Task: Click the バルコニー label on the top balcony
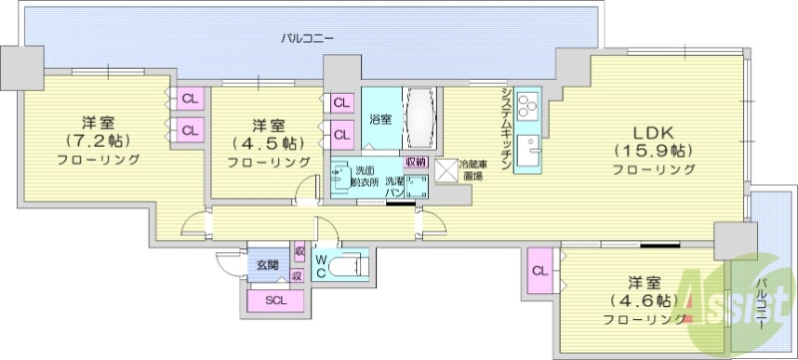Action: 306,38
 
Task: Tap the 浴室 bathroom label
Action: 380,120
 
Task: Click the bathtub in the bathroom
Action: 418,120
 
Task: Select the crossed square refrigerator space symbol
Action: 444,170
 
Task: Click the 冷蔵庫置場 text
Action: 471,171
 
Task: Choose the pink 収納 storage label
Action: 416,162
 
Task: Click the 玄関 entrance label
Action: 267,264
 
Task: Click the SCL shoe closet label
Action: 272,298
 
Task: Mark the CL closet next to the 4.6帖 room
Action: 539,270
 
